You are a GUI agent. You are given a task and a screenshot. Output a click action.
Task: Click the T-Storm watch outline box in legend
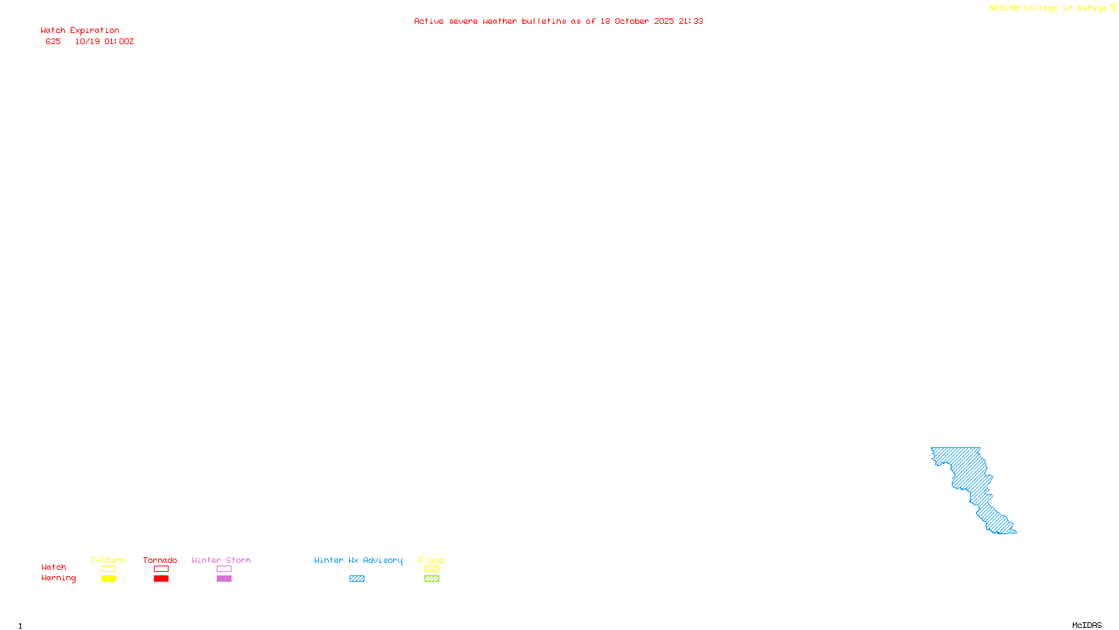tap(108, 569)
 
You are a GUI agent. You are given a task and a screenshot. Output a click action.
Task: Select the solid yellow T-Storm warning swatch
tap(108, 579)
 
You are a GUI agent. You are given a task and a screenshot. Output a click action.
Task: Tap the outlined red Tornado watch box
tap(161, 569)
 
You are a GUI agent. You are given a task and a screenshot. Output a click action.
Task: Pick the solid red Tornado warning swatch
tap(161, 579)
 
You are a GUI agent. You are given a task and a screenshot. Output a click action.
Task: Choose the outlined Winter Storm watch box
tap(224, 569)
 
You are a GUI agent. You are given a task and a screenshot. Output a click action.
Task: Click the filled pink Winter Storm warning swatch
tap(224, 579)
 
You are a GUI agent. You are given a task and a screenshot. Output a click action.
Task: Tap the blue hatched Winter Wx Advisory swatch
tap(357, 579)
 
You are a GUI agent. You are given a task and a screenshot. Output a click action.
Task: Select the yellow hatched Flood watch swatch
tap(432, 569)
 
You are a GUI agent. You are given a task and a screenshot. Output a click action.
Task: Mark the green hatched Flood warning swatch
tap(432, 579)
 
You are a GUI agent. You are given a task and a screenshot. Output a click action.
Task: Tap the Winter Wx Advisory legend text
tap(358, 560)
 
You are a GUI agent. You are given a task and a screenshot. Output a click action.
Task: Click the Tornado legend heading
tap(160, 560)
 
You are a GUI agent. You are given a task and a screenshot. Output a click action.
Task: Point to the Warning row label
tap(58, 578)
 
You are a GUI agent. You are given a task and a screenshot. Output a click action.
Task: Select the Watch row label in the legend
tap(53, 567)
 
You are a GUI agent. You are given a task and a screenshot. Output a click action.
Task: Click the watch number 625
tap(53, 41)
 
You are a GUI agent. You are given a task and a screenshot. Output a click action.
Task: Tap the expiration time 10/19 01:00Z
tap(104, 41)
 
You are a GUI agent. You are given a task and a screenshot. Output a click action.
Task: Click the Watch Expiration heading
tap(80, 31)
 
